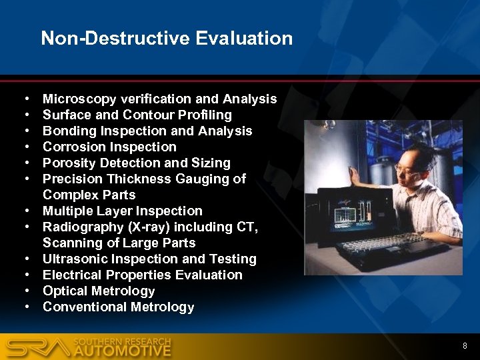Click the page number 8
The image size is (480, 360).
(465, 346)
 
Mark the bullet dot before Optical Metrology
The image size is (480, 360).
(25, 291)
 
